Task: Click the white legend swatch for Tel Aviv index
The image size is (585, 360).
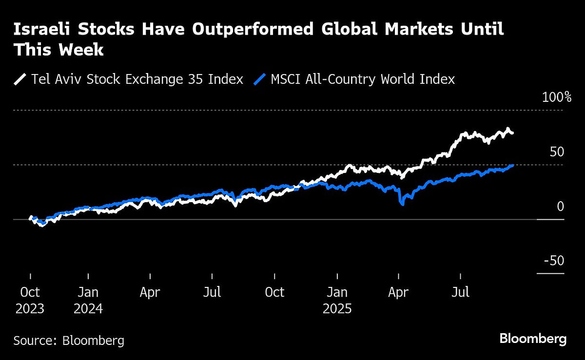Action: (21, 79)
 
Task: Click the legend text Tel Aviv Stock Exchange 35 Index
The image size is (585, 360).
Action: (137, 79)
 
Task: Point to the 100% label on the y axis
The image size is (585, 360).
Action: (557, 97)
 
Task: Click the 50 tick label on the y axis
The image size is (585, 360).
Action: (557, 152)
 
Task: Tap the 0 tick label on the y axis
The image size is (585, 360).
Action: (560, 207)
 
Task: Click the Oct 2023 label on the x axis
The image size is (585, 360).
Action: (30, 300)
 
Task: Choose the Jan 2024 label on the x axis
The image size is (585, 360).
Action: (88, 300)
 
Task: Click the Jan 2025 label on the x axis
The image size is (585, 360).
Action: (337, 300)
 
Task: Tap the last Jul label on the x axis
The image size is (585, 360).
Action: (461, 292)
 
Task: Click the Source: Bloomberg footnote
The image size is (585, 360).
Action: (69, 340)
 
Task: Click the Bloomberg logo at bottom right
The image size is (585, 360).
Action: (533, 339)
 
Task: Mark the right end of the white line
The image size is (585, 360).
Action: (512, 133)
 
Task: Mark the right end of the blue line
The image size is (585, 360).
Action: (512, 166)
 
